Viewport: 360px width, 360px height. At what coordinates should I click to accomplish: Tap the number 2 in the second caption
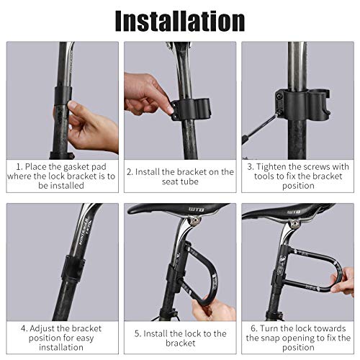point(130,172)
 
